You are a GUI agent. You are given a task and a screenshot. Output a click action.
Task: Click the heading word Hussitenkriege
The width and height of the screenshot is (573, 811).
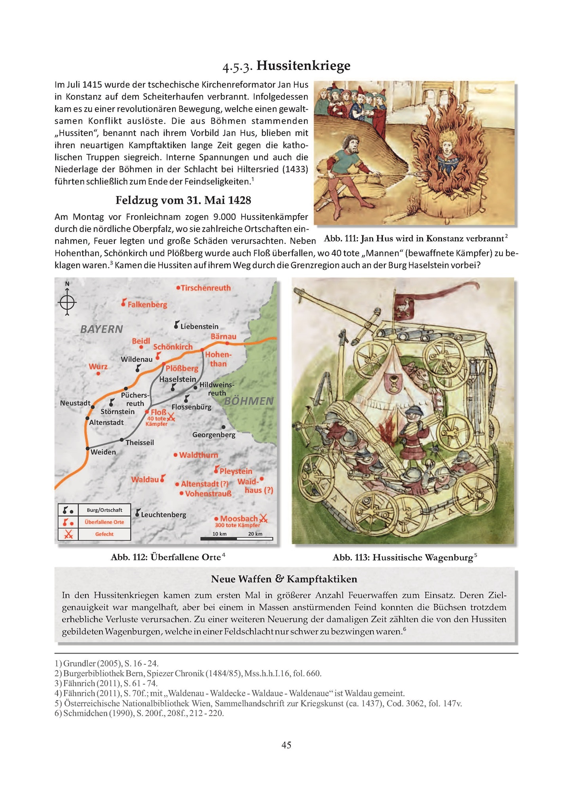[303, 66]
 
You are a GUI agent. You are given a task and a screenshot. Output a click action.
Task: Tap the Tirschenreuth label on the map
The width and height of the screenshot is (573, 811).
[205, 288]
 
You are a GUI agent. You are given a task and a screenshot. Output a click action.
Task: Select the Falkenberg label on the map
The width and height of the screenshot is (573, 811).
[147, 305]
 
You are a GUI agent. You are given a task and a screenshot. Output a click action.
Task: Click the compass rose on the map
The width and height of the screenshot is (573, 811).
[67, 303]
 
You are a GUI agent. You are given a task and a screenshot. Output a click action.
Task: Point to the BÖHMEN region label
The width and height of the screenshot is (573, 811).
[249, 401]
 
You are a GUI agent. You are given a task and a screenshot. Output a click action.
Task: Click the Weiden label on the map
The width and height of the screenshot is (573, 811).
[103, 452]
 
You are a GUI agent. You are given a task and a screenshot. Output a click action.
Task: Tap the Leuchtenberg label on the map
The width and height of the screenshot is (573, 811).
[163, 515]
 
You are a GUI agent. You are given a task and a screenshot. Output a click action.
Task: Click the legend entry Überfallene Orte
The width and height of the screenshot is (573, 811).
[104, 522]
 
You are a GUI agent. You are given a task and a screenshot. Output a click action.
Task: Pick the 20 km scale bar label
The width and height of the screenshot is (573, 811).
[255, 534]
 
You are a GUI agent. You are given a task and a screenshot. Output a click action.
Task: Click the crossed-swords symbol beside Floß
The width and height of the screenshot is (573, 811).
[171, 417]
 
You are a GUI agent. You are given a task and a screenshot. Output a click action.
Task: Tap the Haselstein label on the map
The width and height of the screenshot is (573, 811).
[177, 379]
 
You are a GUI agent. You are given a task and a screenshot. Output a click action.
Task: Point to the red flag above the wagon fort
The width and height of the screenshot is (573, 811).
[404, 306]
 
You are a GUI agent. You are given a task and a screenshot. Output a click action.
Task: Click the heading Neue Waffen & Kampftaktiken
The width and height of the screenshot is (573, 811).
[284, 579]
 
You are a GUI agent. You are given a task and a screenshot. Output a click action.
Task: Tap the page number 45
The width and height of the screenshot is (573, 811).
[286, 745]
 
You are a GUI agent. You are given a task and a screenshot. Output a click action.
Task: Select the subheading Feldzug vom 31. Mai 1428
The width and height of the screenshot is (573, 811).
[183, 200]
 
